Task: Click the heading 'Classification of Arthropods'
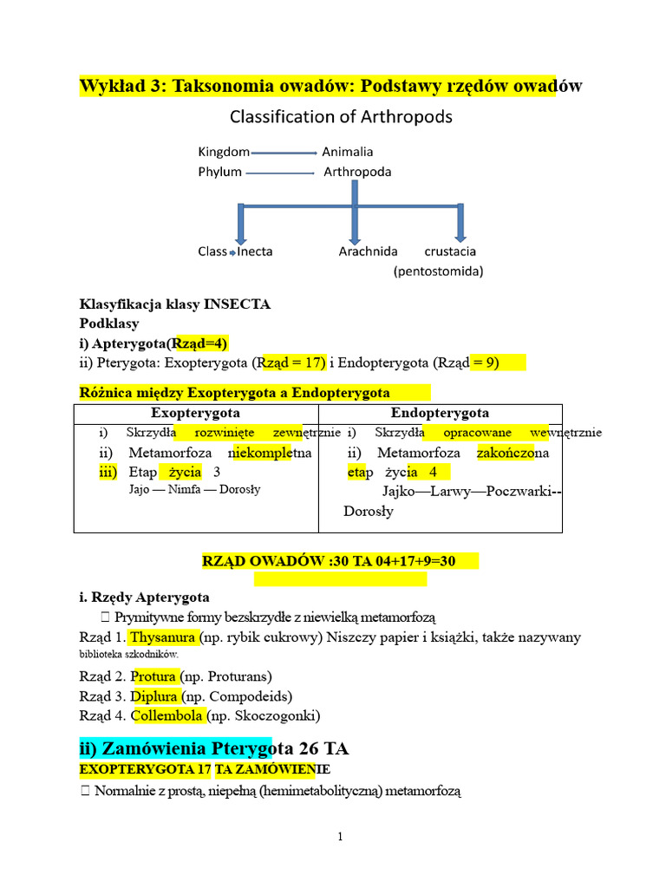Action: click(x=341, y=116)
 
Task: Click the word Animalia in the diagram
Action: click(x=347, y=152)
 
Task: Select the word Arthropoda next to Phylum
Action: click(x=357, y=172)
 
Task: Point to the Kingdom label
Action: click(x=224, y=152)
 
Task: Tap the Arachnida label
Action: click(x=368, y=251)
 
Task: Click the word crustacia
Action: click(x=450, y=251)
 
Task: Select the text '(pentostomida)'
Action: click(x=438, y=271)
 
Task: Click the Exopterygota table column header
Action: click(x=196, y=413)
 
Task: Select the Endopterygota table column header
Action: click(x=440, y=413)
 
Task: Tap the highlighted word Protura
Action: click(x=154, y=676)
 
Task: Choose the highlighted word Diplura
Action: click(x=154, y=695)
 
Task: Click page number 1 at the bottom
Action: click(x=341, y=837)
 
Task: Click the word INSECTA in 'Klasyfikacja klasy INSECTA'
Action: click(x=237, y=304)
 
